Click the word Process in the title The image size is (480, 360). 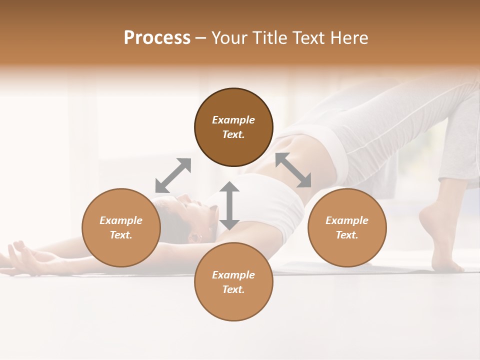tap(157, 38)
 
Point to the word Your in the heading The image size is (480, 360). tap(228, 38)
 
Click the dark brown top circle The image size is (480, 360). tap(233, 127)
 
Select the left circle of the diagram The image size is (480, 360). tap(121, 227)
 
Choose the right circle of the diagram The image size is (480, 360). tap(347, 227)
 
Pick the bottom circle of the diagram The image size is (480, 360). tap(233, 281)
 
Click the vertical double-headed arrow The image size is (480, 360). tap(229, 205)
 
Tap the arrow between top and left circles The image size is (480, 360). tap(173, 175)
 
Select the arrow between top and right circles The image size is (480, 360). tap(293, 170)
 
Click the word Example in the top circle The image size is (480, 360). tap(233, 120)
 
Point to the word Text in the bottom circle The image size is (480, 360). tap(233, 289)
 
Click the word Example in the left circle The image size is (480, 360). tap(121, 220)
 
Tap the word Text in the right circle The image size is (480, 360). tap(346, 235)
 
